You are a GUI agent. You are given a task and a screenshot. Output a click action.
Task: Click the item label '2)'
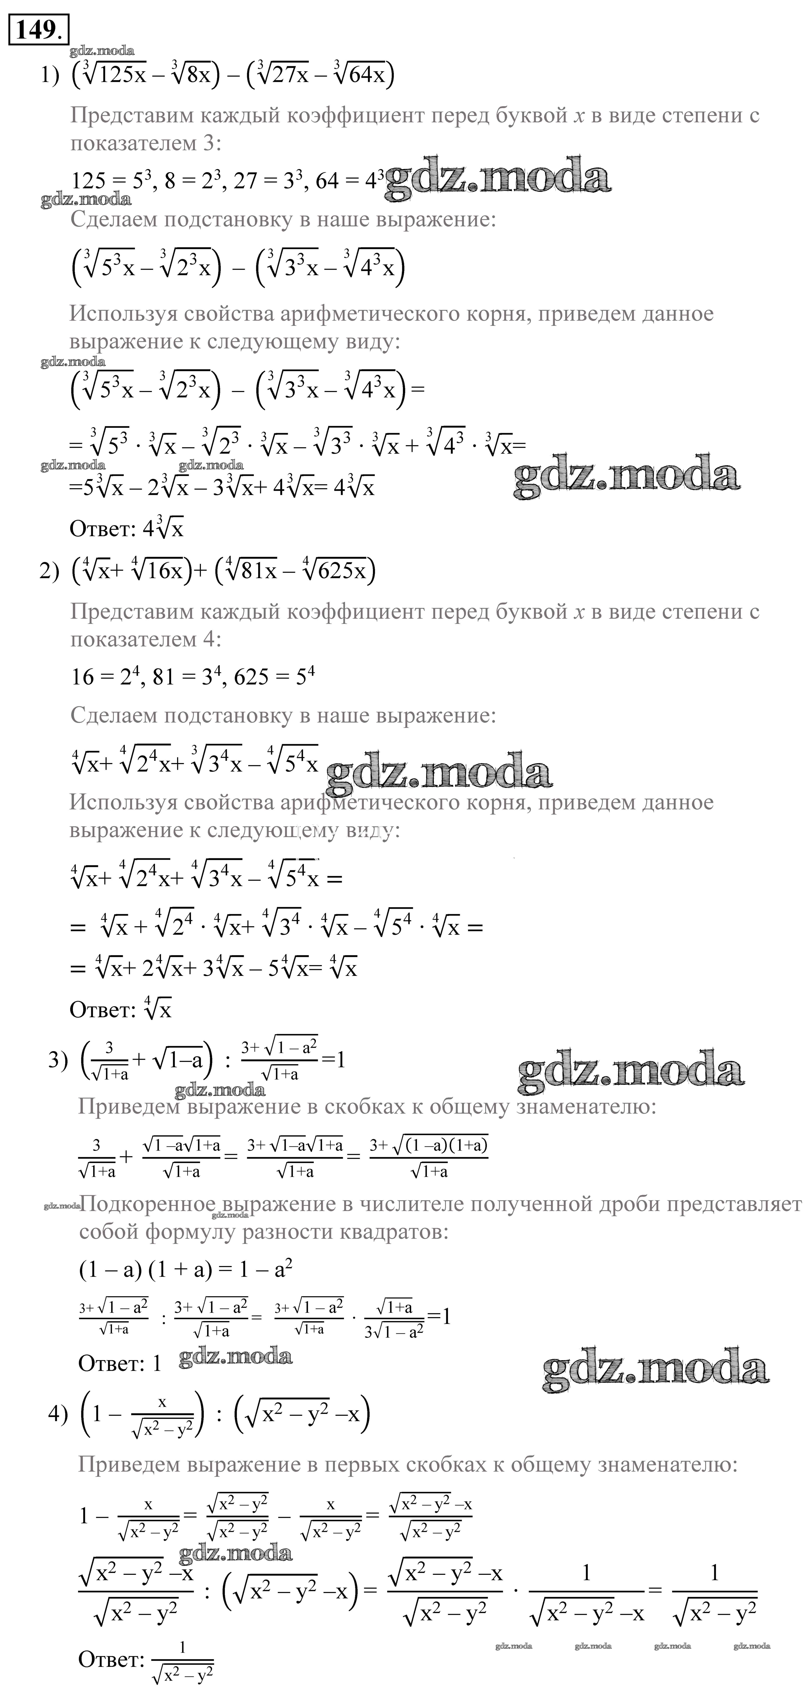pyautogui.click(x=49, y=571)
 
